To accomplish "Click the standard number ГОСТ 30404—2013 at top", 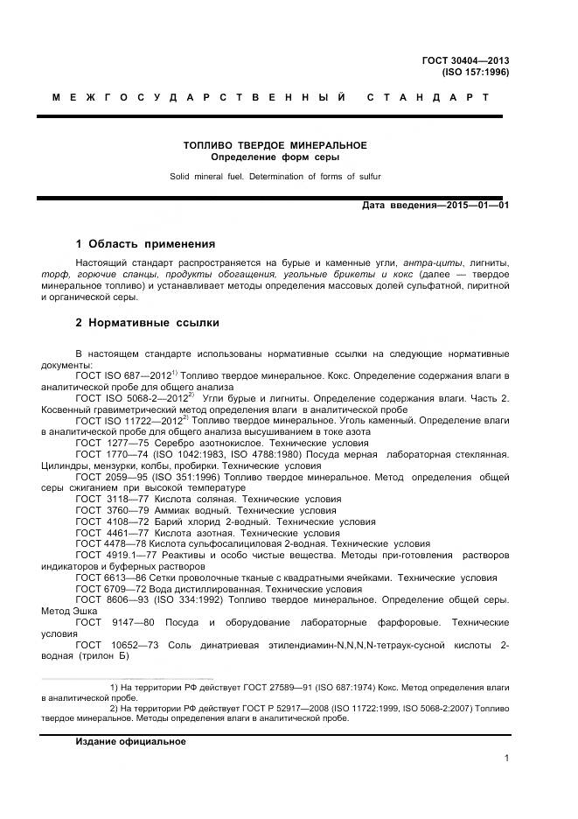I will pos(466,60).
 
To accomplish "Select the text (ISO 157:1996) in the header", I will pos(476,72).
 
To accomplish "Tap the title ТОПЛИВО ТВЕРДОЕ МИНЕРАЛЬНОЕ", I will pos(275,144).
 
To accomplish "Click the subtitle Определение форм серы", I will pos(275,157).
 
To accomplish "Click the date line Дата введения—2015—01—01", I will pos(435,206).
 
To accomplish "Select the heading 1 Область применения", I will pos(145,243).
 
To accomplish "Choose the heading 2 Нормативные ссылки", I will pos(147,323).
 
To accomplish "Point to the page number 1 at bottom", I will pos(507,759).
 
